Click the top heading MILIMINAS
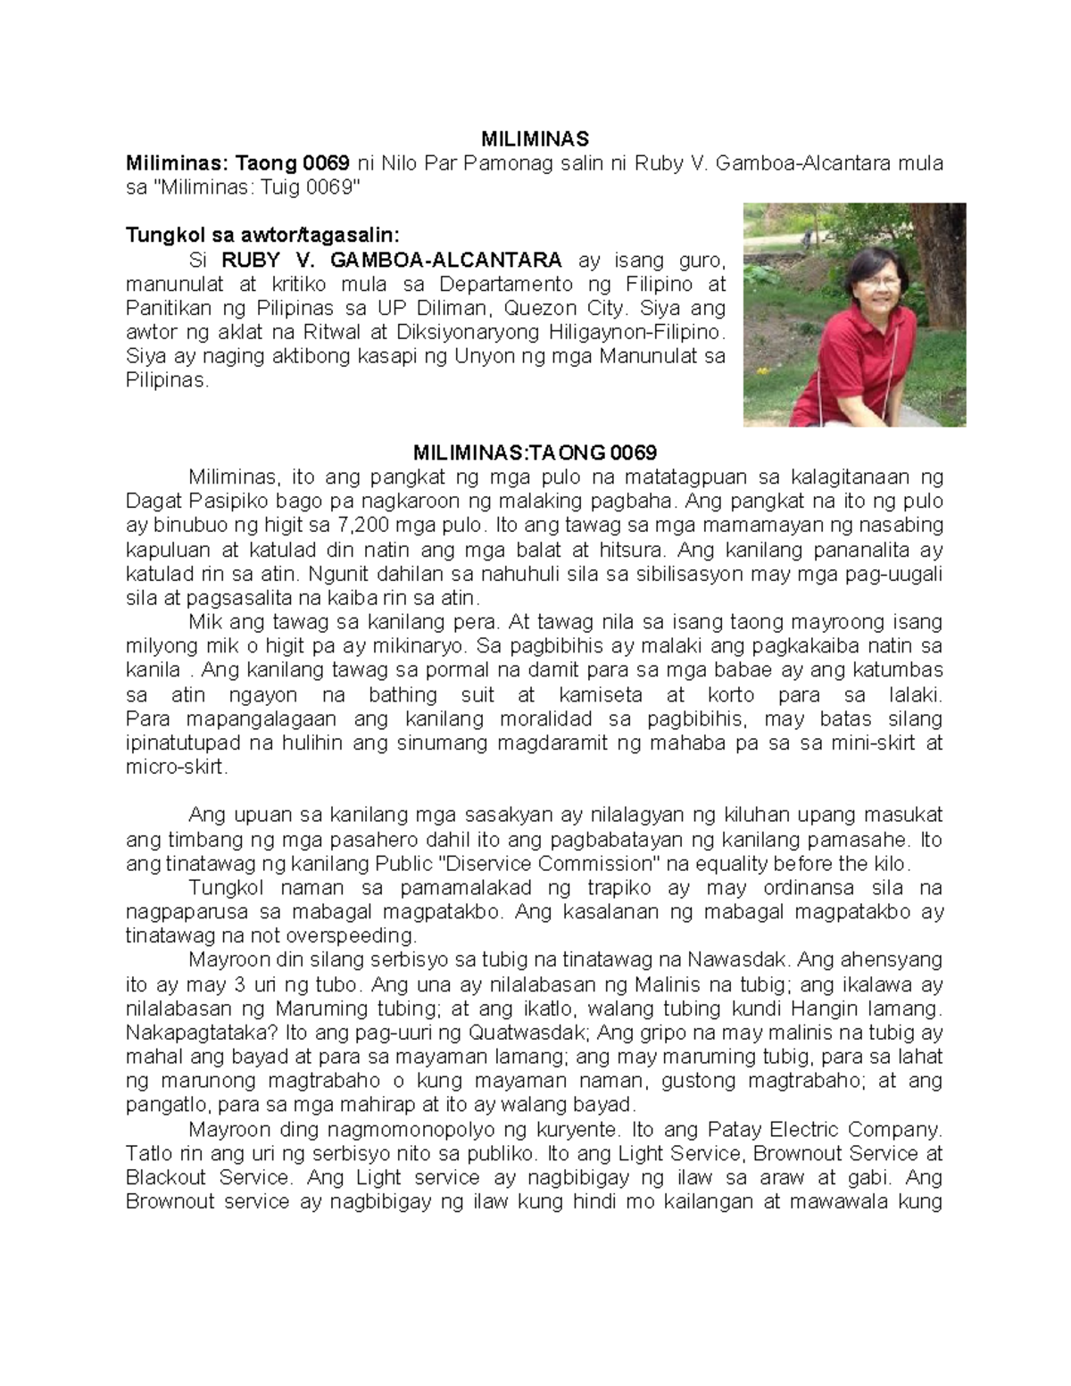click(535, 139)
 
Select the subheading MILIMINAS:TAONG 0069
click(535, 452)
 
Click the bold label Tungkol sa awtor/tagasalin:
click(263, 236)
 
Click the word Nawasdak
click(737, 960)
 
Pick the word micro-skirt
click(177, 768)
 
